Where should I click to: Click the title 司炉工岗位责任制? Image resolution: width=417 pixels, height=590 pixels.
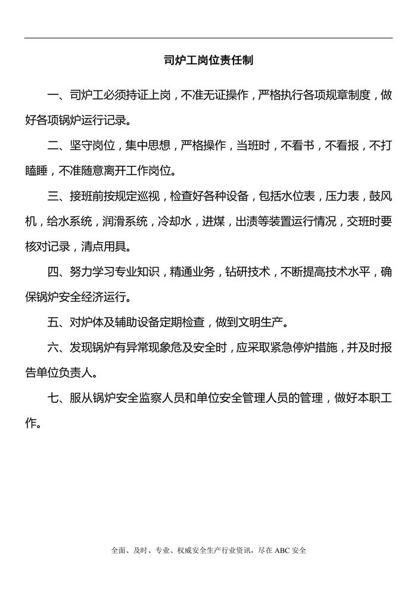pos(208,60)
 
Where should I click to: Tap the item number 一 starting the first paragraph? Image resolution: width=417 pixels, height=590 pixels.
pos(53,95)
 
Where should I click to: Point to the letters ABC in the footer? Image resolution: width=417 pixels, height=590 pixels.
pos(282,551)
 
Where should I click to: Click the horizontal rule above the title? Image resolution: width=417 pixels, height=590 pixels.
pos(208,38)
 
